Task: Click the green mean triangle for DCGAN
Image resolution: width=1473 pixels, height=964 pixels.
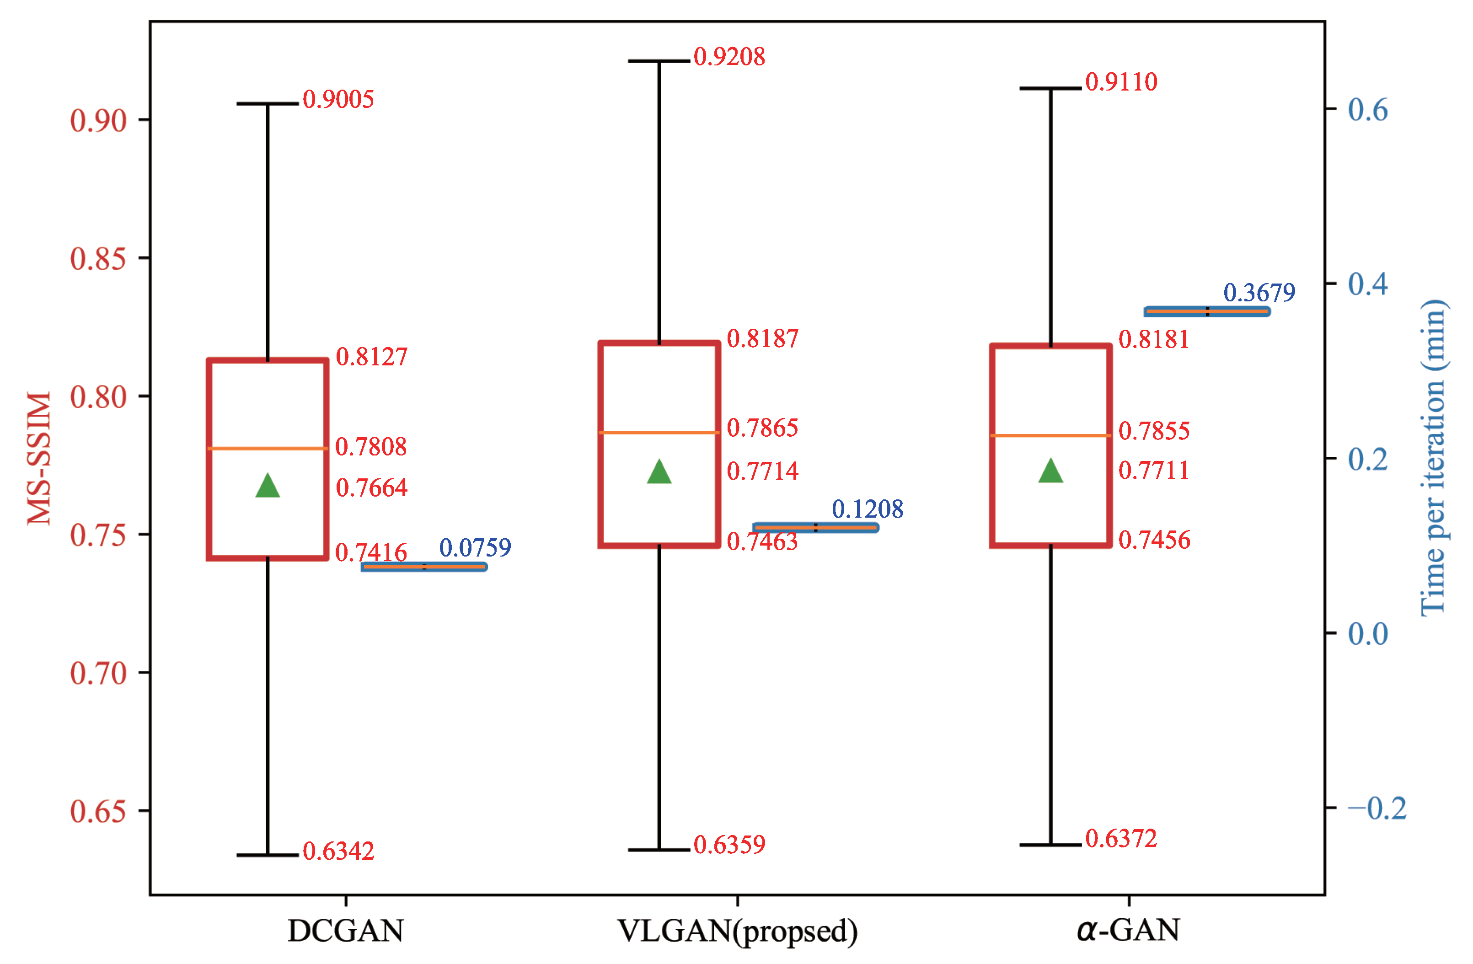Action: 268,487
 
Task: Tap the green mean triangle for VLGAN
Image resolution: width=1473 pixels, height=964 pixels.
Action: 659,473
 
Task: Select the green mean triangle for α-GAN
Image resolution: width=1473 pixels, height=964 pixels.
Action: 1051,472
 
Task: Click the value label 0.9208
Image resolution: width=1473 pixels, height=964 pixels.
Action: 729,57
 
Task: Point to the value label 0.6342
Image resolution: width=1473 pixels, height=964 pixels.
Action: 338,852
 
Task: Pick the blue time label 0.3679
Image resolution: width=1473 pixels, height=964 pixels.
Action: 1259,293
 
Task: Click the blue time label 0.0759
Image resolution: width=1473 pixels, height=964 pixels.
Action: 475,547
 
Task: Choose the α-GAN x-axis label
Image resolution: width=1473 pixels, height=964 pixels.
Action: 1128,930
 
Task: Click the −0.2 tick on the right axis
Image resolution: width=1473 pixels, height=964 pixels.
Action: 1377,808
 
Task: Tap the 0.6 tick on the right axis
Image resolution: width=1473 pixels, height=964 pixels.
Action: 1368,110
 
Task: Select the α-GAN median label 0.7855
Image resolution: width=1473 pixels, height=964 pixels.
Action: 1154,431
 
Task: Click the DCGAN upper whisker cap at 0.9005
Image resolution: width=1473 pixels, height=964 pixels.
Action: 268,103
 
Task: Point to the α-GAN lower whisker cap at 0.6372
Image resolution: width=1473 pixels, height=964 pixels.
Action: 1051,845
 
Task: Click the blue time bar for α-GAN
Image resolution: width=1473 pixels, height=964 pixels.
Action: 1207,311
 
